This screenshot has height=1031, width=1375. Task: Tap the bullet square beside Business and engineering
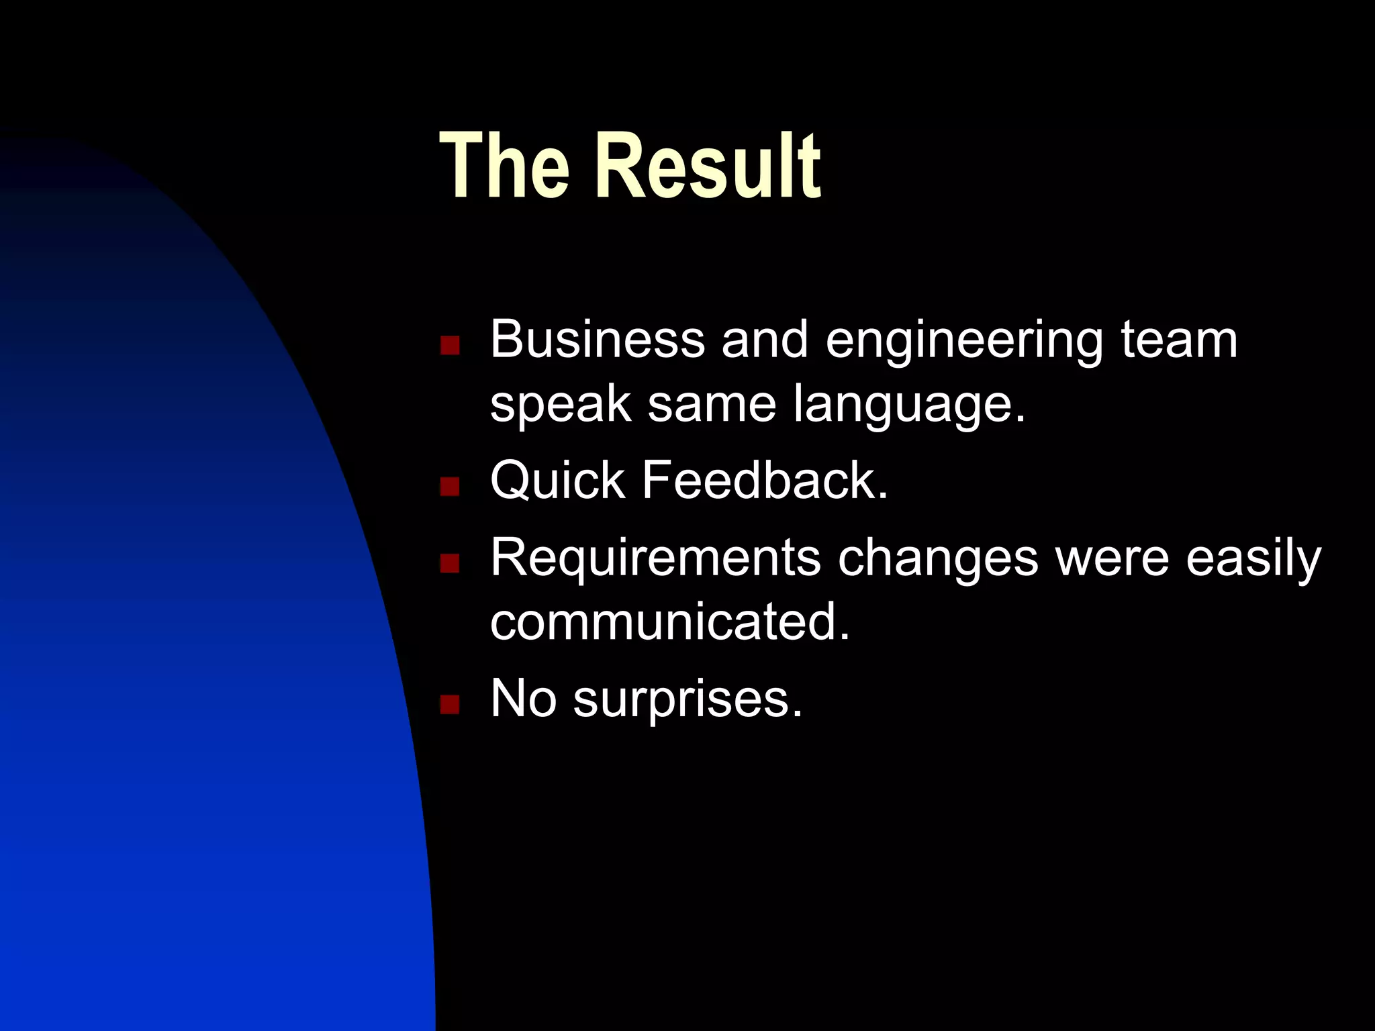449,345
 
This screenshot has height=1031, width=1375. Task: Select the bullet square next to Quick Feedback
449,486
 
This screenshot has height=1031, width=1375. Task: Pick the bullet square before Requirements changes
449,562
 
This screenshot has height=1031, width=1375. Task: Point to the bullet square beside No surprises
449,704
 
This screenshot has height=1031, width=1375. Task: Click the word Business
598,340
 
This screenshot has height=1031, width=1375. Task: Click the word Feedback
765,480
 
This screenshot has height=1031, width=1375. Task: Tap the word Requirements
655,558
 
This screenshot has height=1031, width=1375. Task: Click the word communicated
669,622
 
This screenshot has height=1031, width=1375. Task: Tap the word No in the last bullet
523,699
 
